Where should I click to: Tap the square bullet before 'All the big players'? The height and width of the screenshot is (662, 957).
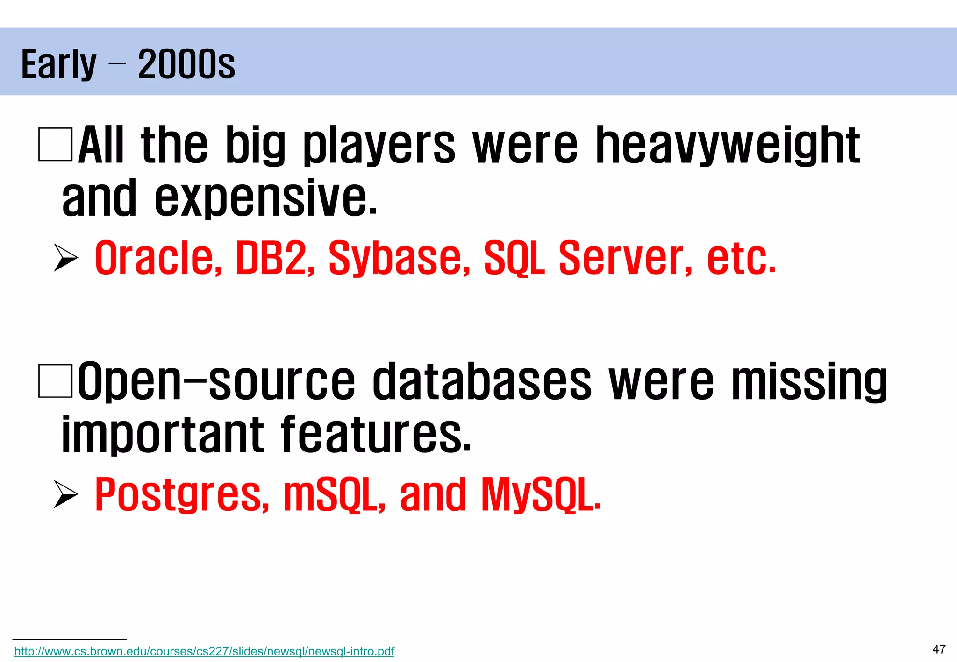pyautogui.click(x=55, y=145)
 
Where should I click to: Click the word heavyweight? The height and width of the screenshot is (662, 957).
pyautogui.click(x=728, y=146)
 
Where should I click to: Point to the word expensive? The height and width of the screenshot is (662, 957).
pyautogui.click(x=265, y=198)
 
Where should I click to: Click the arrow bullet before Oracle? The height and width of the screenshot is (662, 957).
pyautogui.click(x=65, y=258)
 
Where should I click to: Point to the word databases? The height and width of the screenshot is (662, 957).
pyautogui.click(x=482, y=381)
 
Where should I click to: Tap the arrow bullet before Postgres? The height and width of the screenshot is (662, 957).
pyautogui.click(x=65, y=494)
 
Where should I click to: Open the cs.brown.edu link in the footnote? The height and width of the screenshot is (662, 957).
pyautogui.click(x=204, y=651)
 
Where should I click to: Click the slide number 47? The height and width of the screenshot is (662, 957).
pyautogui.click(x=939, y=649)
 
